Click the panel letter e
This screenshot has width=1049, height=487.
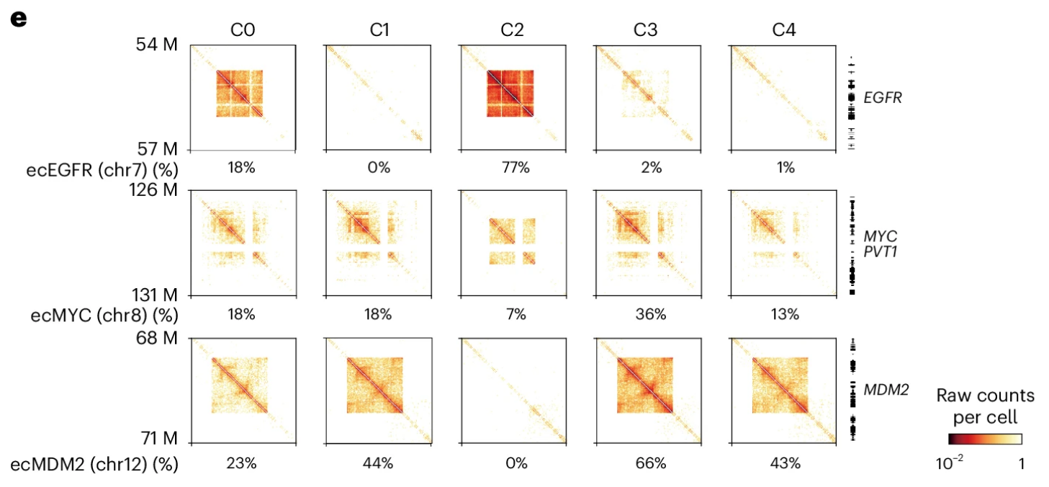coord(18,19)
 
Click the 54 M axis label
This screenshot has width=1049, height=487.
coord(156,45)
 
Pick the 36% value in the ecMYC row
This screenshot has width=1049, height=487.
coord(650,315)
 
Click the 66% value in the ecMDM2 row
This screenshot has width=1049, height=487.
coord(650,463)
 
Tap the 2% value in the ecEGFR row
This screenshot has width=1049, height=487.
coord(650,168)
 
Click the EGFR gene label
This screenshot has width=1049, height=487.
coord(883,97)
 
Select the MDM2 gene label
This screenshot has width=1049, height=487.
coord(886,390)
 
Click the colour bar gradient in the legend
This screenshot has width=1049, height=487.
coord(984,438)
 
